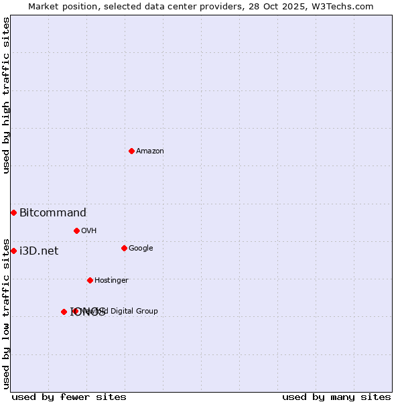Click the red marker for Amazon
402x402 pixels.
click(x=131, y=151)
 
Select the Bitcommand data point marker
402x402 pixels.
click(x=13, y=212)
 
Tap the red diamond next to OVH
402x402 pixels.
click(x=76, y=230)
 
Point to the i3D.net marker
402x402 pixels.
click(x=13, y=251)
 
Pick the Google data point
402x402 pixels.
click(x=124, y=248)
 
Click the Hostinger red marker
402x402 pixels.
click(x=90, y=280)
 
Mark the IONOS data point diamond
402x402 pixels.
click(x=64, y=312)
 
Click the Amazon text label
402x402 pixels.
click(x=150, y=151)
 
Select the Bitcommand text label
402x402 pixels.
click(x=53, y=213)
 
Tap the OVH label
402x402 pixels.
click(x=89, y=231)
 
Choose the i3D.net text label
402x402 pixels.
click(x=39, y=251)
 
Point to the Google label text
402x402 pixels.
click(x=141, y=249)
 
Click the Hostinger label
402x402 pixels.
click(x=111, y=281)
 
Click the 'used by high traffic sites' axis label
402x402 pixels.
click(x=6, y=95)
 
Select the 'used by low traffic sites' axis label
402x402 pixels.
click(x=6, y=313)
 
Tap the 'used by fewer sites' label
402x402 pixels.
click(x=69, y=397)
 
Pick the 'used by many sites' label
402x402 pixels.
click(x=336, y=397)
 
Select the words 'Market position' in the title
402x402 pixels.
click(x=61, y=7)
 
